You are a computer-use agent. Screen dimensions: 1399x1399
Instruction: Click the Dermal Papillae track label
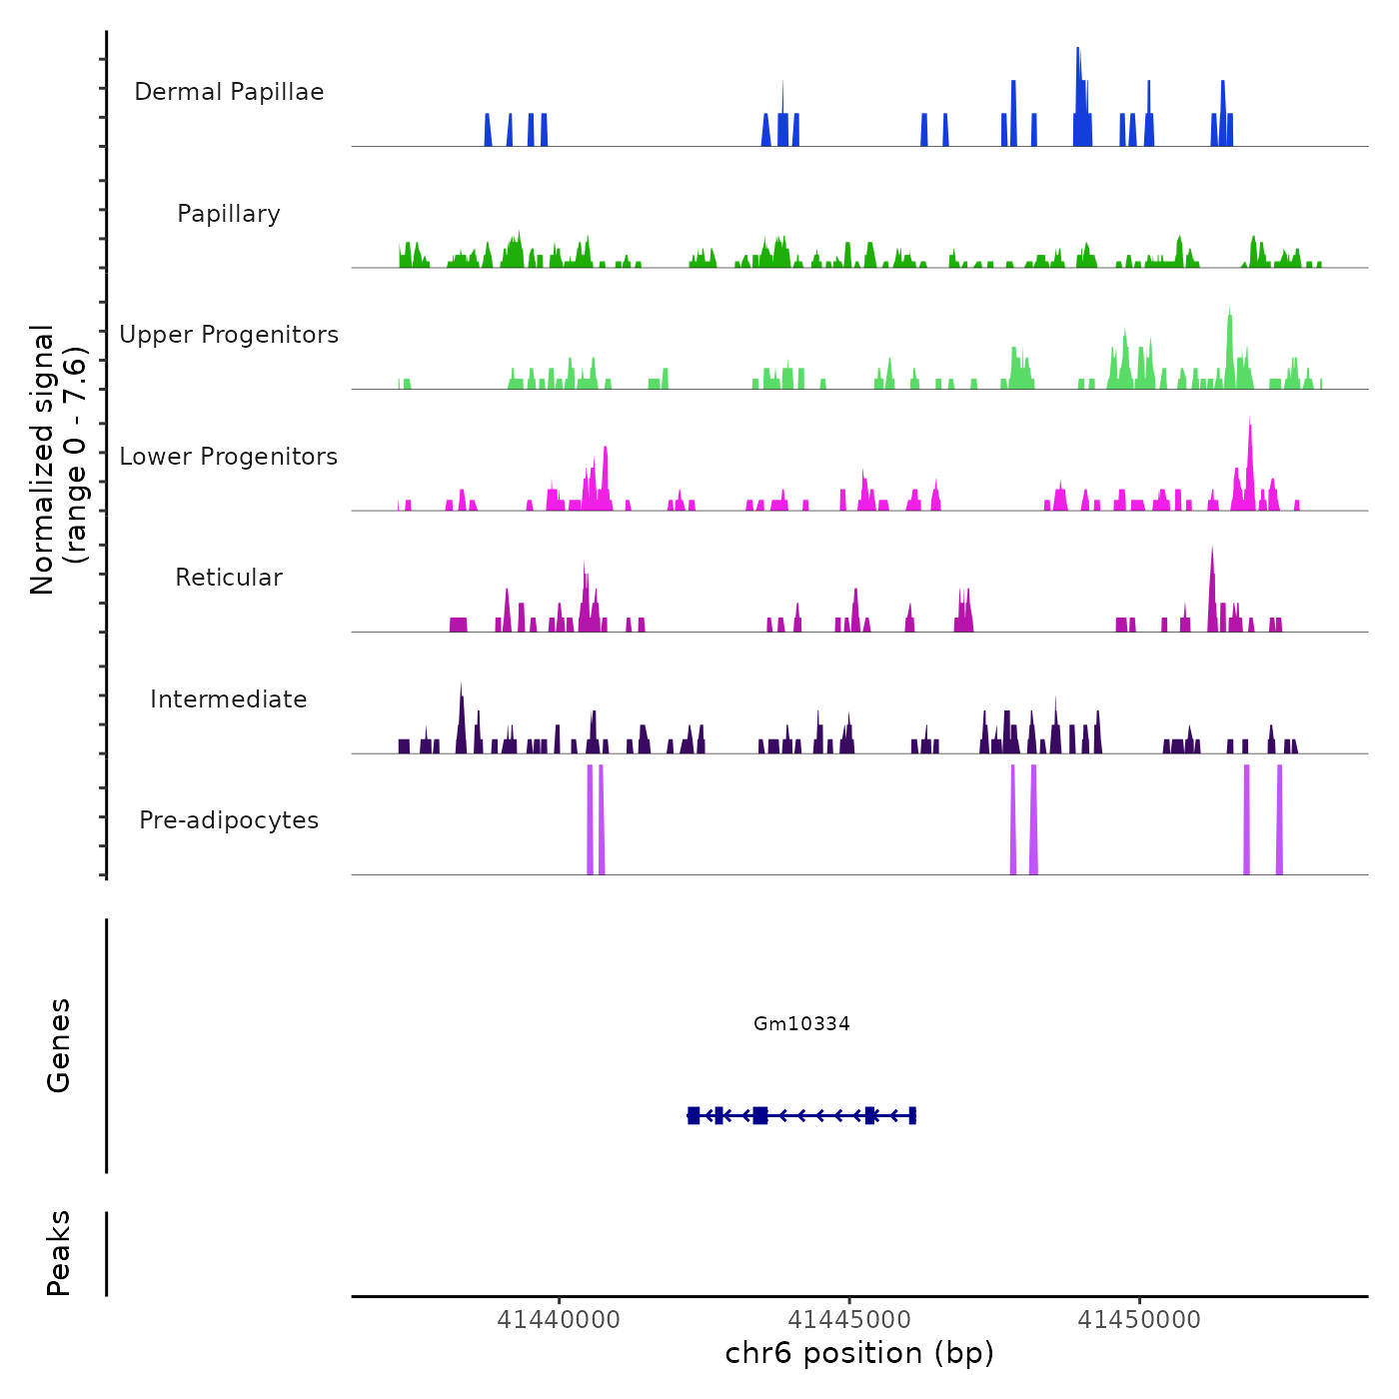pos(229,92)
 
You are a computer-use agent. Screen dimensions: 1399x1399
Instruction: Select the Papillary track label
pos(229,214)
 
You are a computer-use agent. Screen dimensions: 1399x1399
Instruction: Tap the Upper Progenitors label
pos(229,335)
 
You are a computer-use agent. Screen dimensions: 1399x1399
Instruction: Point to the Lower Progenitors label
pos(229,457)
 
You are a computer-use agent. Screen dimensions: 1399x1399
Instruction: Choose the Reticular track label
pos(229,578)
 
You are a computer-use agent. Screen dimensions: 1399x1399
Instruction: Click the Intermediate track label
pos(229,699)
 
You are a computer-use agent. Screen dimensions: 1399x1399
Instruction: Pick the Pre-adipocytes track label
pos(229,820)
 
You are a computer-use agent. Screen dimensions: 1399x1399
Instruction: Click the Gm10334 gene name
pos(801,1023)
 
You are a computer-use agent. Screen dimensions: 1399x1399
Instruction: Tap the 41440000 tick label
pos(559,1320)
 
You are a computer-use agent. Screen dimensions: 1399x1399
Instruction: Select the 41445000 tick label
pos(849,1320)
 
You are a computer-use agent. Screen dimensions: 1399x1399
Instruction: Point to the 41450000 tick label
pos(1139,1320)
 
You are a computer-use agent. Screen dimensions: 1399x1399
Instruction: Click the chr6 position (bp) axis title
pos(859,1354)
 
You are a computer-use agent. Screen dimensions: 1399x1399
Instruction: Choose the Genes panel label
pos(59,1045)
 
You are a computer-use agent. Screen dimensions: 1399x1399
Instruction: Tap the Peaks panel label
pos(59,1253)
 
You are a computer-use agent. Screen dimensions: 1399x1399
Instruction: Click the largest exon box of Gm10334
pos(760,1115)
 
